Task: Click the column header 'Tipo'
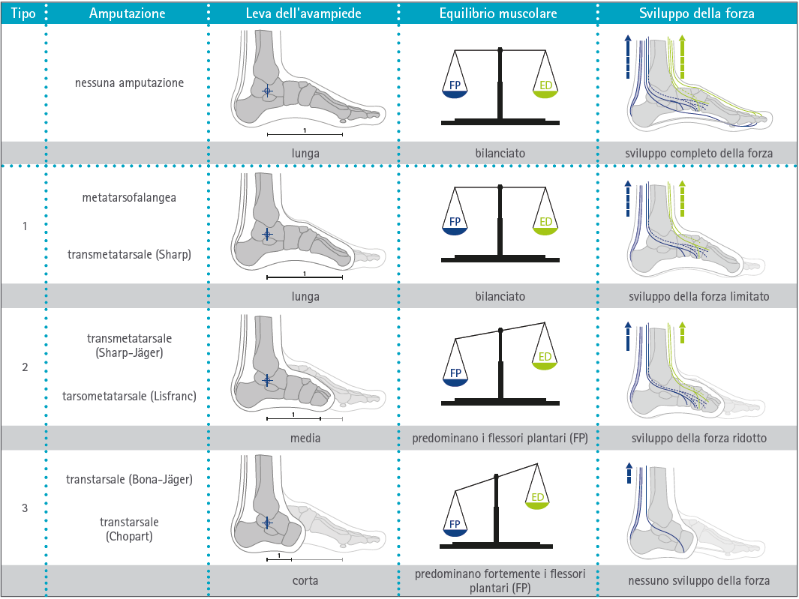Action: click(x=23, y=13)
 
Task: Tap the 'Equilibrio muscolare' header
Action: click(x=498, y=13)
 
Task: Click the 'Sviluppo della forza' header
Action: click(x=698, y=13)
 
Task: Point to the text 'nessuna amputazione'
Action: click(x=129, y=83)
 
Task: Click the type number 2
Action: click(x=25, y=367)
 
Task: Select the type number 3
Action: click(x=25, y=508)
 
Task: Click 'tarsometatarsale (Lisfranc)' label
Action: click(x=129, y=396)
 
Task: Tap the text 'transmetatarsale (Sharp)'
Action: click(x=129, y=254)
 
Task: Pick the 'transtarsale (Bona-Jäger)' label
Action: click(x=129, y=480)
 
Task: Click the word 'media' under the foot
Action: click(x=305, y=438)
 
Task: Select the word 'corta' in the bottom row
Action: click(x=305, y=580)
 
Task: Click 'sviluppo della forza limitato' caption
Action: click(x=699, y=296)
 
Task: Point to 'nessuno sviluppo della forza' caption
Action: click(x=699, y=580)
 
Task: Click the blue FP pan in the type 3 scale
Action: click(x=455, y=528)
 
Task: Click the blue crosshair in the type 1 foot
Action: click(x=266, y=234)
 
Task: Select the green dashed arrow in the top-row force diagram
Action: click(x=681, y=56)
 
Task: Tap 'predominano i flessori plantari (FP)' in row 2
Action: click(x=500, y=438)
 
